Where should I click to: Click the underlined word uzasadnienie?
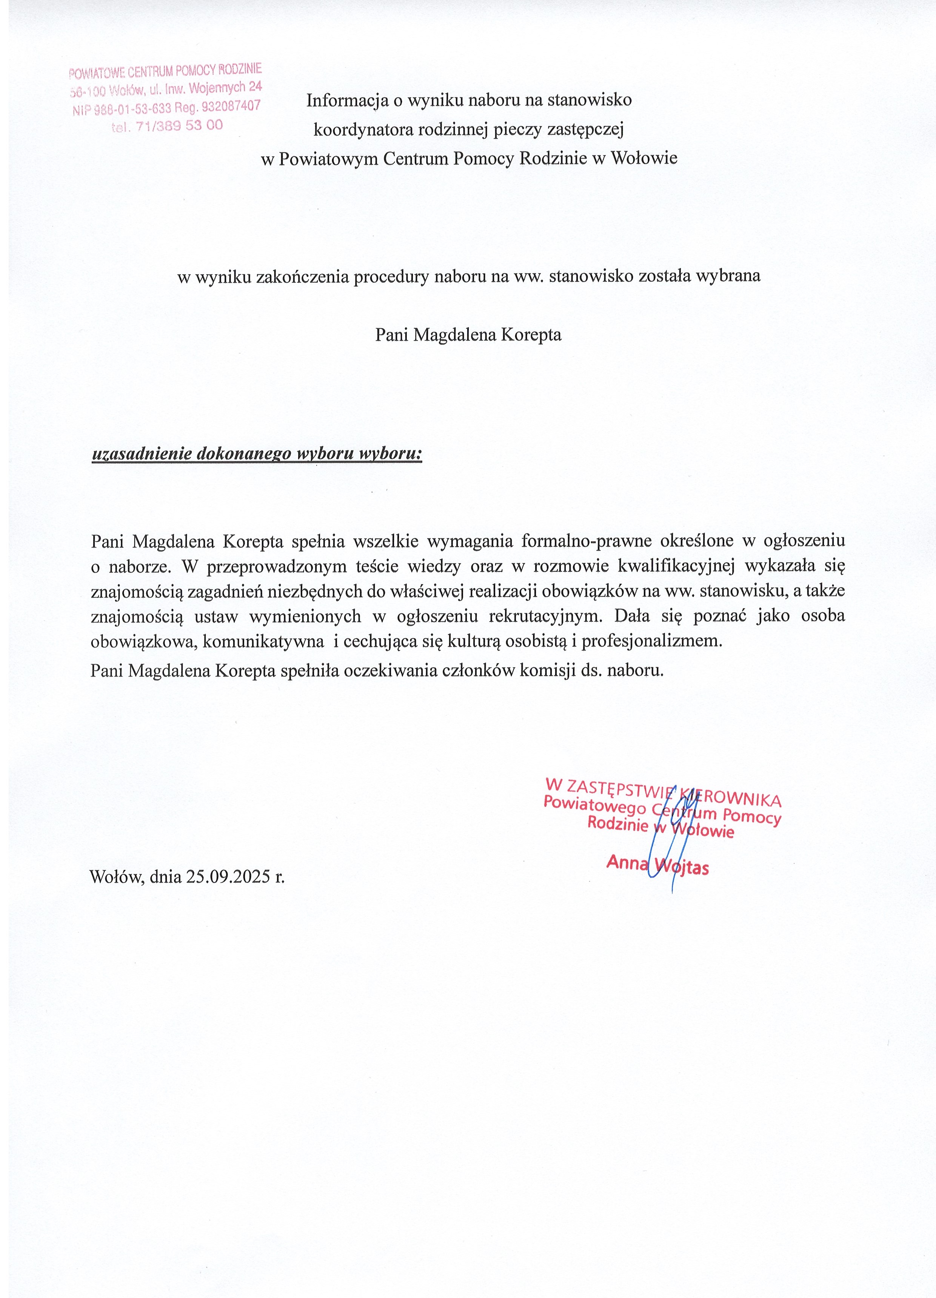(x=141, y=454)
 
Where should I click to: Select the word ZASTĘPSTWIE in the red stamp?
(x=618, y=789)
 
